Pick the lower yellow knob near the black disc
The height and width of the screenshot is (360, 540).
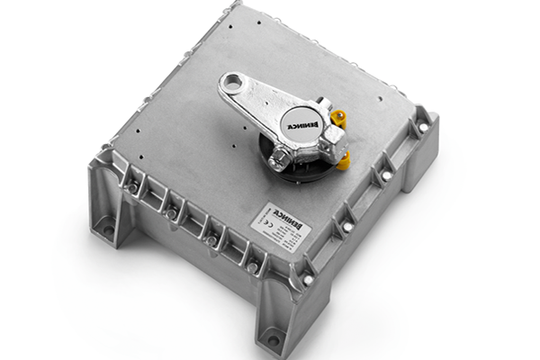click(343, 161)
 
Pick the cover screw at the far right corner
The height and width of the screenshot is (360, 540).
click(423, 128)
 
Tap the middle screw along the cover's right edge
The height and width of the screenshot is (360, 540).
click(385, 176)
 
